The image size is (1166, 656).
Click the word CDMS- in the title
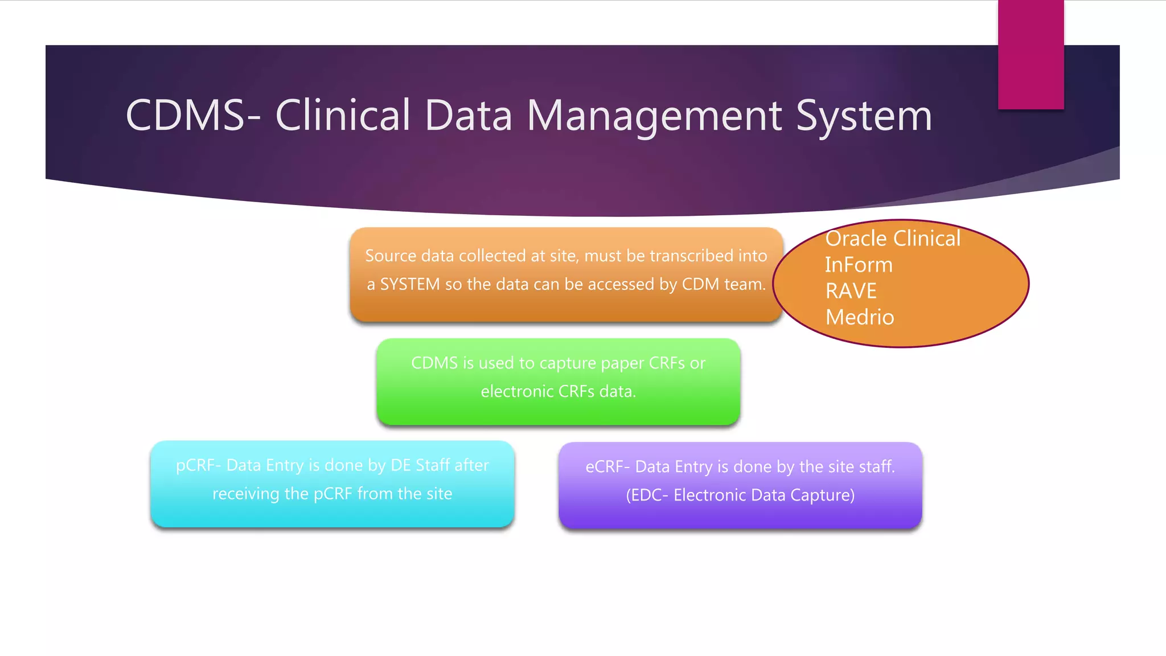[x=192, y=116]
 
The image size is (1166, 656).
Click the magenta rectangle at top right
[x=1030, y=54]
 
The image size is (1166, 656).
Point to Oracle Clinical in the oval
[x=893, y=239]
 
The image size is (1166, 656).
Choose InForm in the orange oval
[x=859, y=265]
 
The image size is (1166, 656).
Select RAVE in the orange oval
[x=851, y=291]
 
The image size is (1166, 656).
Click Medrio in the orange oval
[x=860, y=317]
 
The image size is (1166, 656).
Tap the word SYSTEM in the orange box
[x=409, y=284]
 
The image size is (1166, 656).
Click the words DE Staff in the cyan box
[x=420, y=465]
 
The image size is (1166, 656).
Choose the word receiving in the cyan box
[x=245, y=494]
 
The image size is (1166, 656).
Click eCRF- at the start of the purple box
[x=607, y=467]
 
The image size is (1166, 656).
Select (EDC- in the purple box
[x=647, y=495]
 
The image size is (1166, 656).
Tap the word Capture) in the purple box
[x=829, y=495]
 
